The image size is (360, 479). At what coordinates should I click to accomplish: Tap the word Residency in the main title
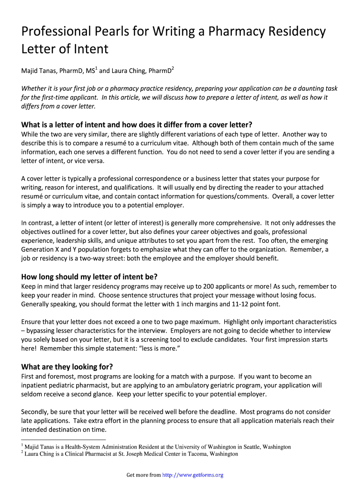[x=292, y=32]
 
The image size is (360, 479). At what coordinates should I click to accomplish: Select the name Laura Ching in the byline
[x=129, y=71]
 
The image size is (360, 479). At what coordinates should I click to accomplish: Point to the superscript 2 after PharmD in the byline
[x=173, y=69]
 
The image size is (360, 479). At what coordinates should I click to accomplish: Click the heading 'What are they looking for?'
[x=67, y=367]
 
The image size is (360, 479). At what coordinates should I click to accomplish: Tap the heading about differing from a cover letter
[x=137, y=125]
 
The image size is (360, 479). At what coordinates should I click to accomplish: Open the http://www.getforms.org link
[x=193, y=475]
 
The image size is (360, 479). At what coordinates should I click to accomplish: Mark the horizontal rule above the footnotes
[x=64, y=440]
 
